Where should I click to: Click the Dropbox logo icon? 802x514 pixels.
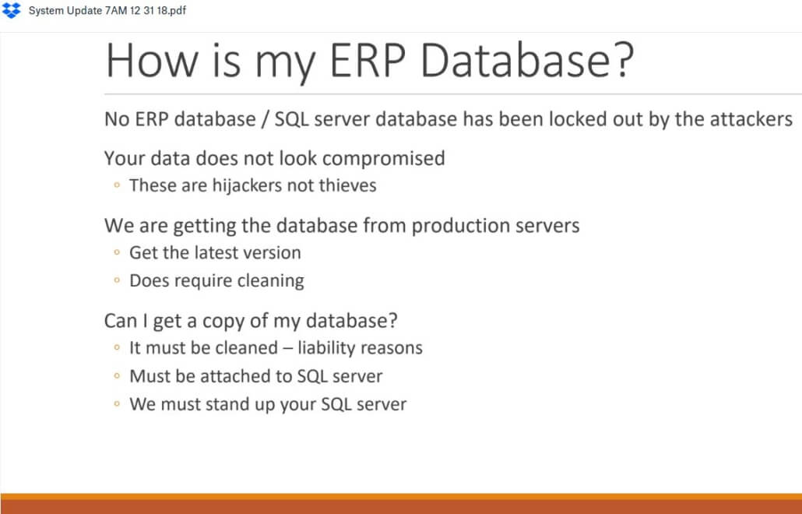(11, 10)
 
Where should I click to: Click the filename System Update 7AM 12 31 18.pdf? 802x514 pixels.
(107, 11)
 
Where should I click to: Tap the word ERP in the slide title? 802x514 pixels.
(368, 60)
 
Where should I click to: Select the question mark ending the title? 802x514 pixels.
(623, 60)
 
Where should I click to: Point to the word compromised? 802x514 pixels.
(384, 159)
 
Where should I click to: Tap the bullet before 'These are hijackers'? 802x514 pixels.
(117, 185)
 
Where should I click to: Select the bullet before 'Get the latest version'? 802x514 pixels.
(117, 252)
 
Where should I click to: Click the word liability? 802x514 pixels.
(326, 348)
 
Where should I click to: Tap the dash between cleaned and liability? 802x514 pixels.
(287, 349)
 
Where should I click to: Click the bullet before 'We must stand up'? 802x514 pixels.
(117, 404)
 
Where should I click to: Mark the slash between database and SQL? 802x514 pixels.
(265, 120)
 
